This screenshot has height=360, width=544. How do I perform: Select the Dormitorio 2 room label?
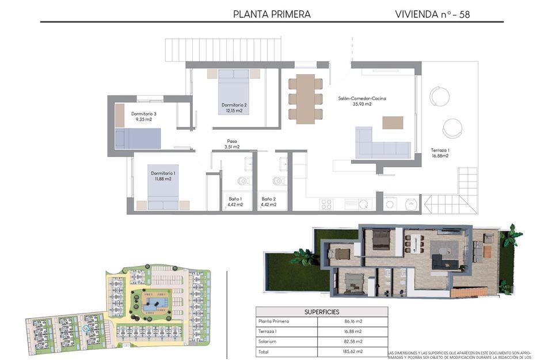pyautogui.click(x=234, y=108)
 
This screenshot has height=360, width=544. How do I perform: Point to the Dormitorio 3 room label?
pyautogui.click(x=143, y=117)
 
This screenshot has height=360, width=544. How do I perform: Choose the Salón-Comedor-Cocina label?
pyautogui.click(x=362, y=101)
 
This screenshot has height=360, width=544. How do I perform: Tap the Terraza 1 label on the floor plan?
pyautogui.click(x=440, y=153)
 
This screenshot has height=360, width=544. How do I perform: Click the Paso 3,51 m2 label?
pyautogui.click(x=232, y=144)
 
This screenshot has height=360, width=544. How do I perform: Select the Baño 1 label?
pyautogui.click(x=235, y=202)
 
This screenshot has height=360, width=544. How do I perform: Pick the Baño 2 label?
pyautogui.click(x=268, y=202)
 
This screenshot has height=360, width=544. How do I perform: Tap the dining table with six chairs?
pyautogui.click(x=305, y=98)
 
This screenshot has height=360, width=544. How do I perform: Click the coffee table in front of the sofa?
pyautogui.click(x=393, y=123)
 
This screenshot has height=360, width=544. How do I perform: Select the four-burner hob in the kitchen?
pyautogui.click(x=326, y=203)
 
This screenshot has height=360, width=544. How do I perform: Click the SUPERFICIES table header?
pyautogui.click(x=321, y=312)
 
